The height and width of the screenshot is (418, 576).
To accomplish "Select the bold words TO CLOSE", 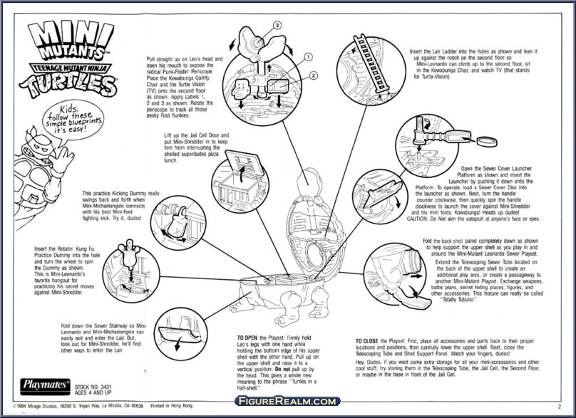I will point(369,340).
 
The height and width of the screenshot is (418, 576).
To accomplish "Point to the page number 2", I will point(559,406).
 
